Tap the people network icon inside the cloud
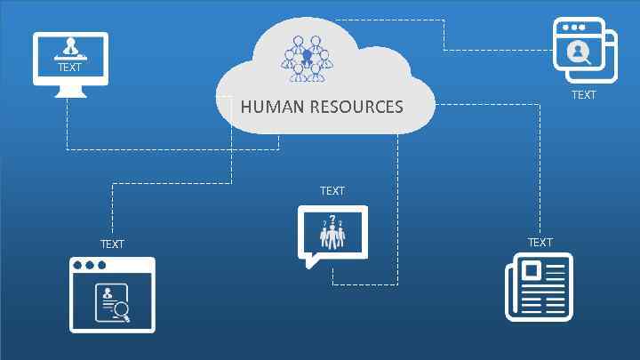(307, 59)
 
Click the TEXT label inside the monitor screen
(69, 68)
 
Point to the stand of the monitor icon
(70, 92)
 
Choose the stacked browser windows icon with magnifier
(583, 48)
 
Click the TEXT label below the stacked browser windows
(584, 94)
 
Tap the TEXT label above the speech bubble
(332, 191)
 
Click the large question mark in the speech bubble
(332, 220)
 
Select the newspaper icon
(539, 287)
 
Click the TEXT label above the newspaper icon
(540, 243)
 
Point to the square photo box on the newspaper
(532, 270)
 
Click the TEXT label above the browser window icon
(112, 244)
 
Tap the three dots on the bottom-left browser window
(89, 266)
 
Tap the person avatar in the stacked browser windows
(578, 51)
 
